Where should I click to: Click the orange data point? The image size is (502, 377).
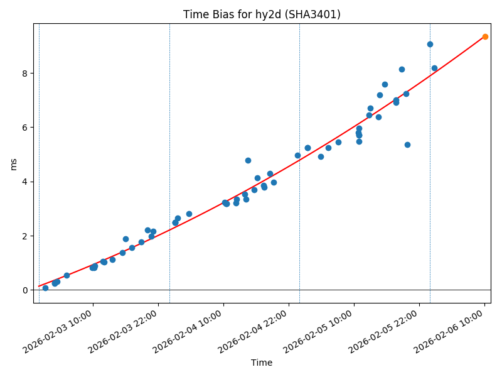(485, 36)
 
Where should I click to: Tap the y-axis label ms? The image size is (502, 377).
(14, 163)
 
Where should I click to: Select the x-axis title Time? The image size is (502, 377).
(262, 363)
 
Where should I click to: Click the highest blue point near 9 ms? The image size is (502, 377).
(430, 44)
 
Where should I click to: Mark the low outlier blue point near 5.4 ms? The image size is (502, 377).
(407, 145)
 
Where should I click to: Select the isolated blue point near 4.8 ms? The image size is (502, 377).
(248, 160)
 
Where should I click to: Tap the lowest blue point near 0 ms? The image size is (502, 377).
(45, 288)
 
